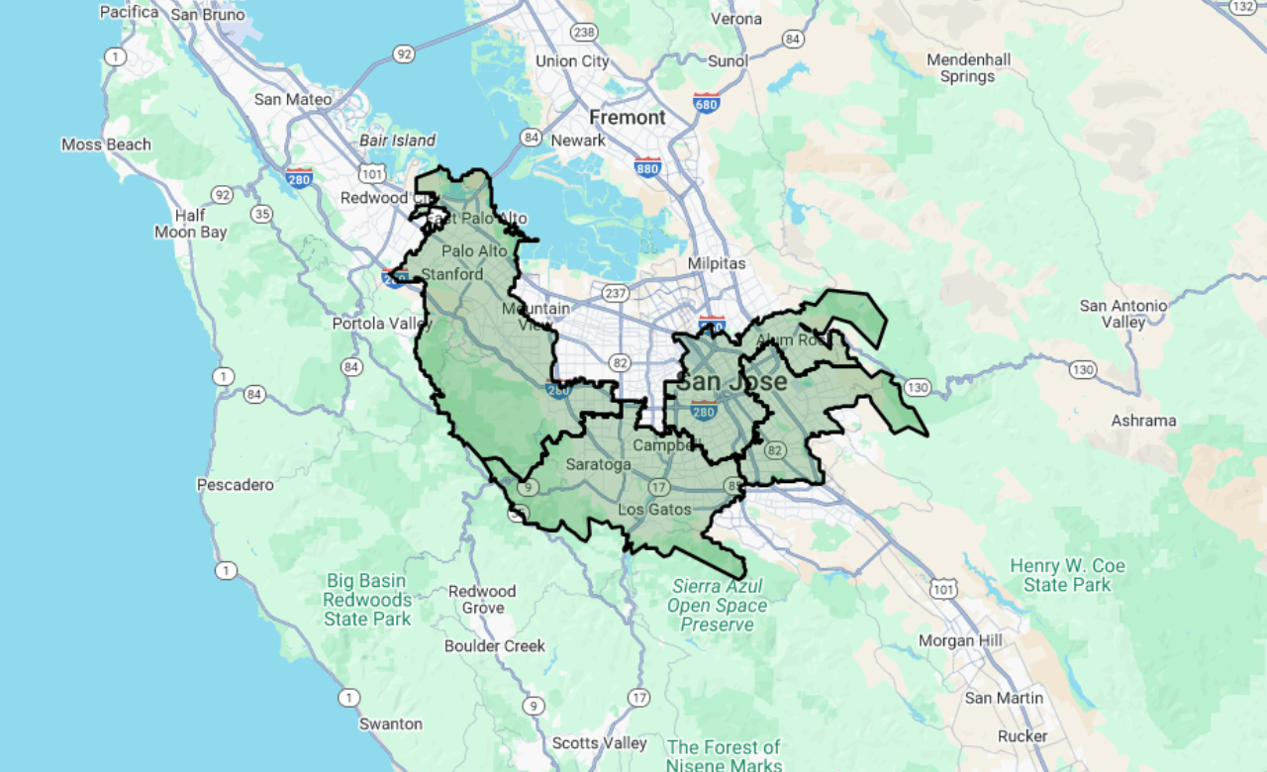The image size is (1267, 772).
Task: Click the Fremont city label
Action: (628, 118)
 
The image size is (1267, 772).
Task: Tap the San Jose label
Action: (733, 381)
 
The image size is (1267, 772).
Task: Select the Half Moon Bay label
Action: (190, 224)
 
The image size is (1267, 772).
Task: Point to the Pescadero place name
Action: (235, 485)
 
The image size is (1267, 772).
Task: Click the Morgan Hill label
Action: (960, 640)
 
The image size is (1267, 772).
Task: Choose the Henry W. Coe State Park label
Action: (1067, 575)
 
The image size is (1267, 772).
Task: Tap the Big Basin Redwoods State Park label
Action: (366, 600)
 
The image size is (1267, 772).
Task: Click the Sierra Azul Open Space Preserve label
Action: (717, 605)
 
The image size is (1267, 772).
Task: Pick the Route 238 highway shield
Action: (584, 33)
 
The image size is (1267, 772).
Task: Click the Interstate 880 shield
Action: (647, 166)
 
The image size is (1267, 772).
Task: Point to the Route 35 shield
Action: (261, 213)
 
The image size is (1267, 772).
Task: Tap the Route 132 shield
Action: (1243, 6)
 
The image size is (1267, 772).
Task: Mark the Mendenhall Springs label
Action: (968, 68)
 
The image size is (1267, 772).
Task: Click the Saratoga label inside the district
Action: (598, 464)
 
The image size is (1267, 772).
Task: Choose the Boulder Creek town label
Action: (495, 646)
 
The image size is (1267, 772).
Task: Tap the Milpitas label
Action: (717, 264)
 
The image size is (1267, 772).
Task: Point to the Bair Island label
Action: (397, 141)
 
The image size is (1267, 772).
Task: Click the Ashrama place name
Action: (1143, 421)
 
